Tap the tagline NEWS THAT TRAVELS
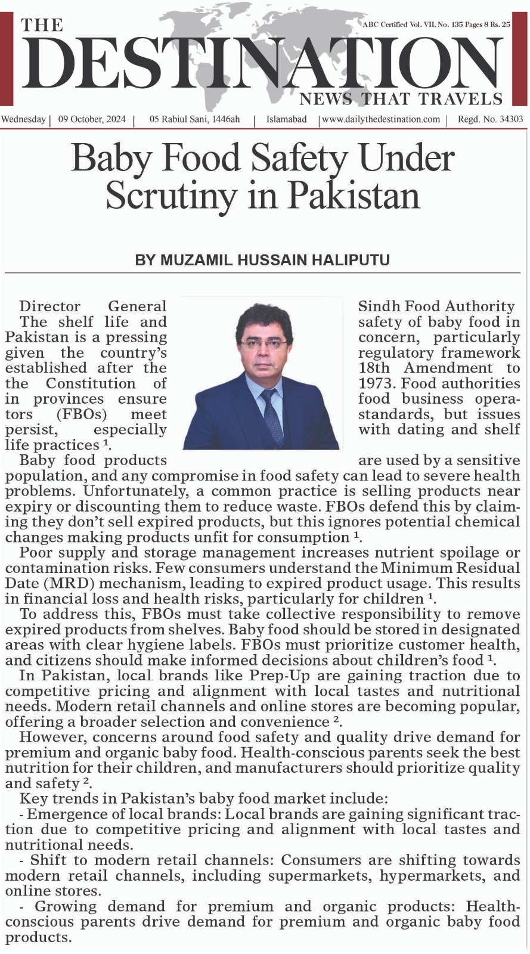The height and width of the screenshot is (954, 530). [401, 98]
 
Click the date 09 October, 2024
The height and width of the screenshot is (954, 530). [92, 119]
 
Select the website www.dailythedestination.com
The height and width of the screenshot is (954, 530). [381, 119]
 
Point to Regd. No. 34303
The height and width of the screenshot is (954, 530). [490, 119]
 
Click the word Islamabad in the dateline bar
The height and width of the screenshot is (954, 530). [286, 119]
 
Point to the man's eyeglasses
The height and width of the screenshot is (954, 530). [263, 343]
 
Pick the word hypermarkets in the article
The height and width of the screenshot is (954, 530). [432, 876]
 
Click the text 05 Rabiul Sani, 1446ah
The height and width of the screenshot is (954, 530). [195, 119]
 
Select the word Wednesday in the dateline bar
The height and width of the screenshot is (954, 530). [24, 119]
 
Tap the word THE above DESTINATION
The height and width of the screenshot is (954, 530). [42, 25]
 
